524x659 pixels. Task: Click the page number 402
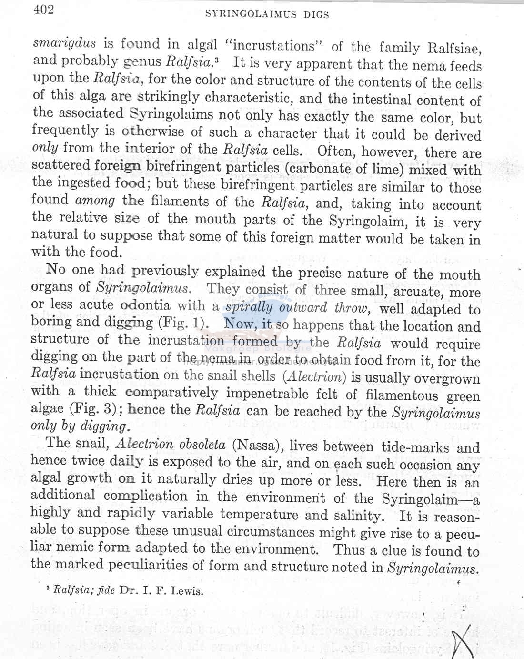tap(44, 10)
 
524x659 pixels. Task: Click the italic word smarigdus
tap(64, 43)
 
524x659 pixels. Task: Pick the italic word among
tap(95, 201)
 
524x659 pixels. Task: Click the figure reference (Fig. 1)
tap(183, 322)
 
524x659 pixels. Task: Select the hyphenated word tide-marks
tap(415, 447)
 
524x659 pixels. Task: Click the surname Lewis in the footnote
tap(187, 591)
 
